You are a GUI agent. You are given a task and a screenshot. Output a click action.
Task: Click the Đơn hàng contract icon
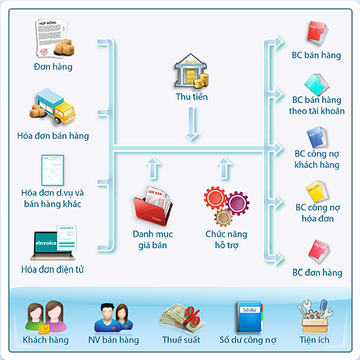[53, 39]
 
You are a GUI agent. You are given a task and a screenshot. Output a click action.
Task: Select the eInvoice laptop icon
[53, 242]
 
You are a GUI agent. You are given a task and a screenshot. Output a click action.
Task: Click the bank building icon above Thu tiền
[190, 72]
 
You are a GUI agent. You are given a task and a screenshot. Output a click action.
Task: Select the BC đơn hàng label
[318, 273]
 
